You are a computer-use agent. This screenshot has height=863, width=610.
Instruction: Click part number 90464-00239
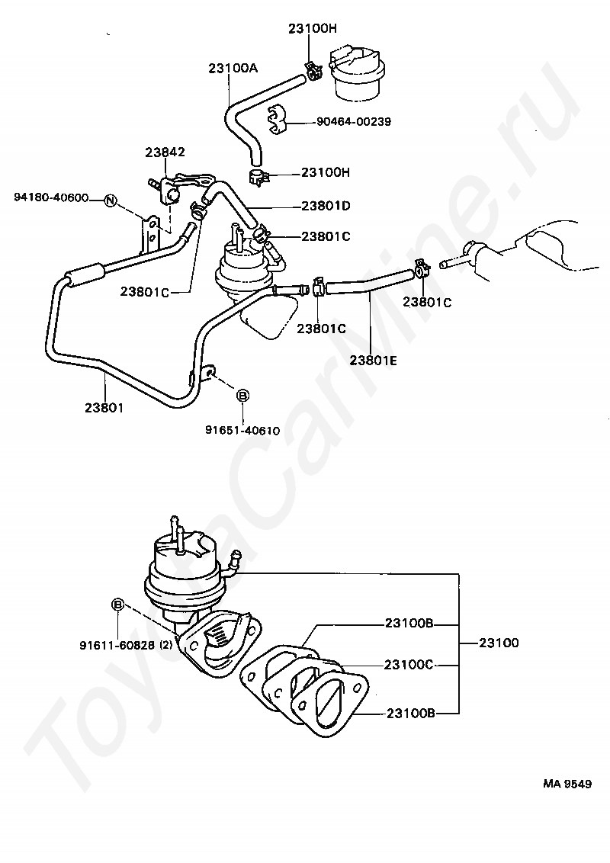click(x=354, y=121)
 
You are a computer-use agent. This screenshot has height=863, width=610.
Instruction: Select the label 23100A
click(x=233, y=68)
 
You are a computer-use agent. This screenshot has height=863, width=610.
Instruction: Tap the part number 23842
click(x=165, y=152)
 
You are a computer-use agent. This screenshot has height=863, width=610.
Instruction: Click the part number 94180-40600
click(x=51, y=198)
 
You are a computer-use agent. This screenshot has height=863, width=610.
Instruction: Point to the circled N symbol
click(x=110, y=201)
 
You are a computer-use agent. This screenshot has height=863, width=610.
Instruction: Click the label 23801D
click(x=326, y=205)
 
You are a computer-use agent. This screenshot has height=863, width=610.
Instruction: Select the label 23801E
click(x=373, y=361)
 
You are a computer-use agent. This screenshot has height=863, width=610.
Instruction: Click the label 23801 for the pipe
click(x=104, y=407)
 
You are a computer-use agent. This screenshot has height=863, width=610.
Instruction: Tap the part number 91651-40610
click(x=242, y=430)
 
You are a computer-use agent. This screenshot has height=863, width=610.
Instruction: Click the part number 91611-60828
click(x=117, y=644)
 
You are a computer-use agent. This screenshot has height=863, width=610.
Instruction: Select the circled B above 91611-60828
click(x=118, y=604)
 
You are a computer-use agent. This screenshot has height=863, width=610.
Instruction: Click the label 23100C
click(x=409, y=665)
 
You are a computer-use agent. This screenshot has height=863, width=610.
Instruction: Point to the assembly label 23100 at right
click(x=499, y=643)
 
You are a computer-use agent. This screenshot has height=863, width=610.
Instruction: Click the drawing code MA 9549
click(x=567, y=783)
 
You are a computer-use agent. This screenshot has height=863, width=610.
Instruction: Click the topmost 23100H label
click(x=312, y=29)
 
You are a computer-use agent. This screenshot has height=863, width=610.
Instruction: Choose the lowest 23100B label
click(x=410, y=714)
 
